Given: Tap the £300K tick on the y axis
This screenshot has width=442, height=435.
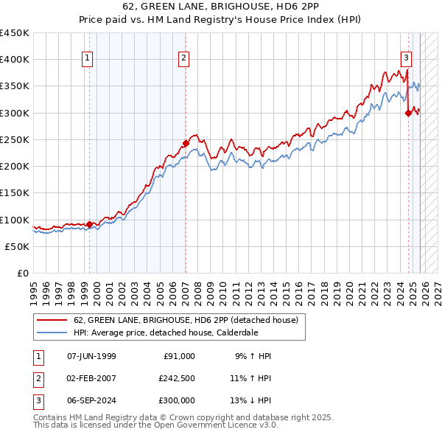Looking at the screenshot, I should [15, 113].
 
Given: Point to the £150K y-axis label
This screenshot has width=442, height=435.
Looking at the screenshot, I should [15, 193].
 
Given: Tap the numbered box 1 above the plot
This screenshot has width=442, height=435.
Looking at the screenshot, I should [88, 58].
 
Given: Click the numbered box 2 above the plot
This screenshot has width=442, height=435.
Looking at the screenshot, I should [183, 58].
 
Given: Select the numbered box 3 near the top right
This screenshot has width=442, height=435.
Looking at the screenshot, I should [406, 58].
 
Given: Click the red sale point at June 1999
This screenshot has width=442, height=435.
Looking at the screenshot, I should [89, 224].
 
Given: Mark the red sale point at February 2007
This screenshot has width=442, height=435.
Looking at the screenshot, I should [186, 143].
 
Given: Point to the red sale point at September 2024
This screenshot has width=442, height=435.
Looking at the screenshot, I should [408, 113].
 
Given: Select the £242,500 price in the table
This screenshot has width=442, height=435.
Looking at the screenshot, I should [177, 378].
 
